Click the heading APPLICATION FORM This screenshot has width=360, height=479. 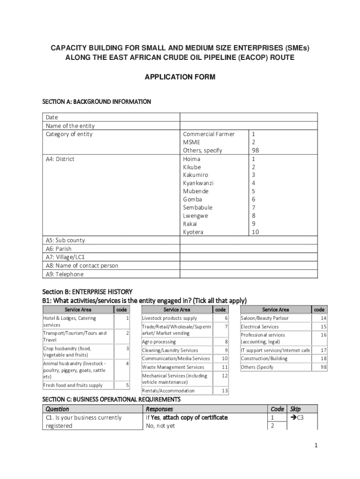(x=180, y=77)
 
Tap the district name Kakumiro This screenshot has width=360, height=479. (x=195, y=175)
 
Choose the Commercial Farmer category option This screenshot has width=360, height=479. (x=209, y=134)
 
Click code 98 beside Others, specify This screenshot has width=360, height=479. (x=255, y=151)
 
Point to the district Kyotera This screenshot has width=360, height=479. (x=193, y=232)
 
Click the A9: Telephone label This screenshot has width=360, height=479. (x=65, y=274)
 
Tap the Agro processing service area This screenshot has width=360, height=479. (x=159, y=342)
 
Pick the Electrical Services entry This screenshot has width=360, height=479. (x=259, y=327)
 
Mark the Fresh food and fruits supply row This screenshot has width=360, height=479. (x=72, y=385)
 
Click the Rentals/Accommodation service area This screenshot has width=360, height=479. (x=168, y=391)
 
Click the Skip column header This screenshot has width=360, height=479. (x=295, y=409)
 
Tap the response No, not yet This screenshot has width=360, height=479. (x=160, y=426)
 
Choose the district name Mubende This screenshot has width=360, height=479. (x=196, y=191)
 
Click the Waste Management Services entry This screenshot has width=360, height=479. (x=173, y=367)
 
